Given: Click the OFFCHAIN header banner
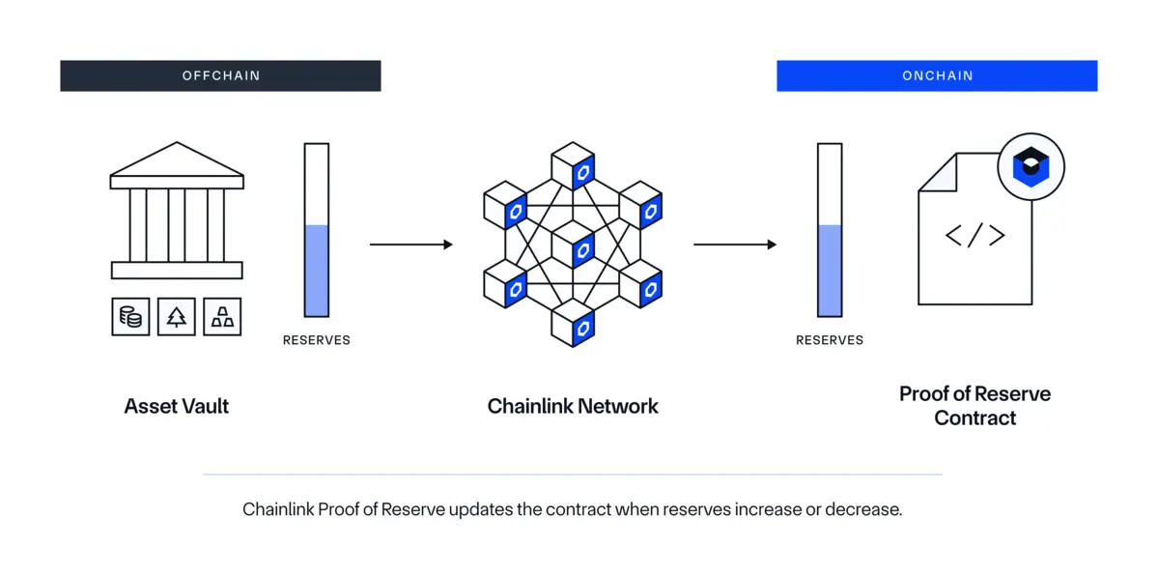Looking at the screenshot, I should [220, 75].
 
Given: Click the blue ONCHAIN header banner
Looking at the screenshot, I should [937, 75].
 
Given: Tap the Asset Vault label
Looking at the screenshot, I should [177, 406].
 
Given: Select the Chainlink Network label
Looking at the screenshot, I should [573, 406].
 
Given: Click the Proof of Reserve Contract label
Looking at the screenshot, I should [974, 406].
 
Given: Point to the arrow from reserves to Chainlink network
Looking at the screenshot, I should [410, 245].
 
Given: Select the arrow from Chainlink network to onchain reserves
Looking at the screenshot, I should [734, 245].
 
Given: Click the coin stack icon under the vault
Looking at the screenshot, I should [130, 316].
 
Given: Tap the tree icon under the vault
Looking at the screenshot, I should [177, 316].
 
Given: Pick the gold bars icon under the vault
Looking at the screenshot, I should [222, 316].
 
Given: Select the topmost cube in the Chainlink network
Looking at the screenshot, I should [573, 166].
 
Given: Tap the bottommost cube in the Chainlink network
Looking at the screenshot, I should [573, 323].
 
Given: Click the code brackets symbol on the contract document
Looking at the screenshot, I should [974, 235].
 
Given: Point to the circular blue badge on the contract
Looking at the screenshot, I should [1031, 167].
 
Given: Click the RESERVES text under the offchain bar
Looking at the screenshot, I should [316, 340].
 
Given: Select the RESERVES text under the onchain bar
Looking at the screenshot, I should [830, 340].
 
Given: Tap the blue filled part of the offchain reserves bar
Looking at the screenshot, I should [317, 271].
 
